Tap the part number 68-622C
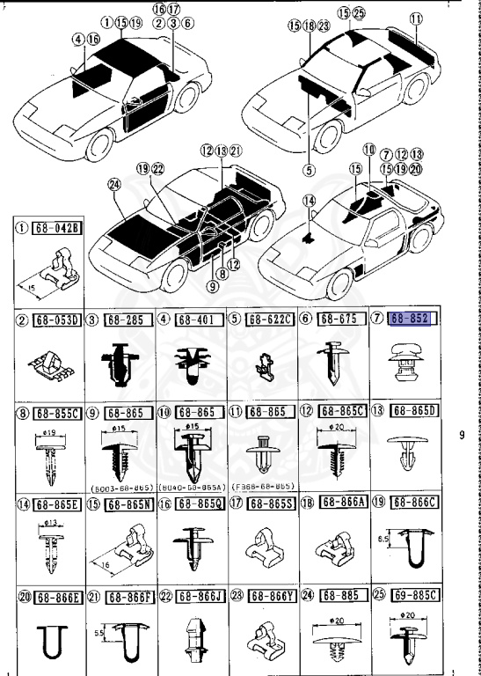coord(270,318)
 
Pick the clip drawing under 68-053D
coord(51,363)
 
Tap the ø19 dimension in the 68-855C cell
coord(49,432)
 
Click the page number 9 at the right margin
coord(463,433)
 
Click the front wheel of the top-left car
coord(99,145)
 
